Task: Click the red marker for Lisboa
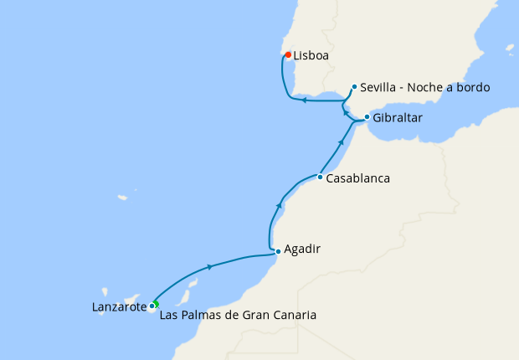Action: coord(289,55)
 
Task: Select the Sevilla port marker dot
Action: coord(355,86)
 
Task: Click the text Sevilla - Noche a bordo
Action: coord(425,87)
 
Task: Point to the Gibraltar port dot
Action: coord(367,117)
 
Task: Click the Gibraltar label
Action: coord(398,118)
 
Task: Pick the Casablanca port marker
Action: coord(320,177)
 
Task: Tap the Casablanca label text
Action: coord(358,178)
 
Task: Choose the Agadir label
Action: coord(303,249)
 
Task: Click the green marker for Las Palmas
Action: coord(156,304)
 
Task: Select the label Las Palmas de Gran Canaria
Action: coord(238,316)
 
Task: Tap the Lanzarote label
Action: coord(119,307)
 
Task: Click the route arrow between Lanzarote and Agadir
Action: coord(208,266)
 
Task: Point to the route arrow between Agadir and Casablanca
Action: coord(280,204)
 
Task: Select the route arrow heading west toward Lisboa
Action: coord(304,100)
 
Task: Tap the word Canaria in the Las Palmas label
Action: coord(295,316)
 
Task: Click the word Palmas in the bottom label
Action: coord(198,316)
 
